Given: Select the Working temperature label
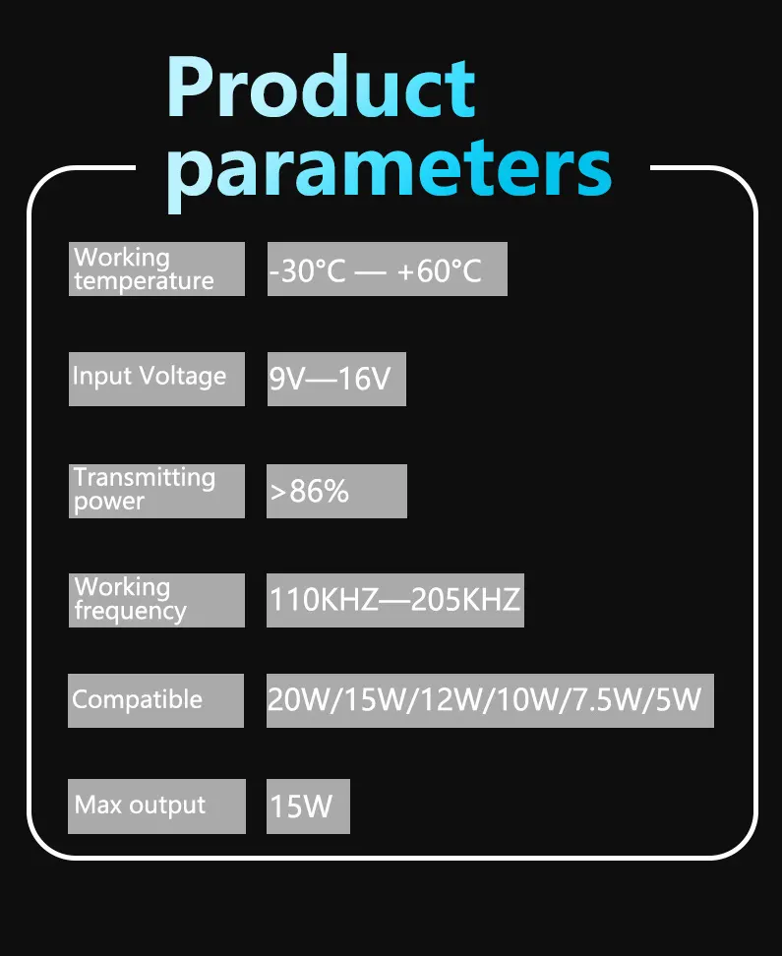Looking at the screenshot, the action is [156, 269].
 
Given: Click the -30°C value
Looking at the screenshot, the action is [308, 270].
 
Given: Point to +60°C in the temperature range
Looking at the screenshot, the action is [439, 270].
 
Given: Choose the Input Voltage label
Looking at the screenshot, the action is [156, 379].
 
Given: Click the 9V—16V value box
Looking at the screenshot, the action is [336, 379].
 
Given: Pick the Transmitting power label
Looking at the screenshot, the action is [156, 491].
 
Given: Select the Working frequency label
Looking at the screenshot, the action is [156, 600].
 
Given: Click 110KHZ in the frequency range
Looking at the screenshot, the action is [324, 600].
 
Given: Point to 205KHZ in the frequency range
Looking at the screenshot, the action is [465, 600].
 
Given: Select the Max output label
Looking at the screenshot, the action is [156, 807].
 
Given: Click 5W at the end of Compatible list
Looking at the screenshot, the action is [678, 699].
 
